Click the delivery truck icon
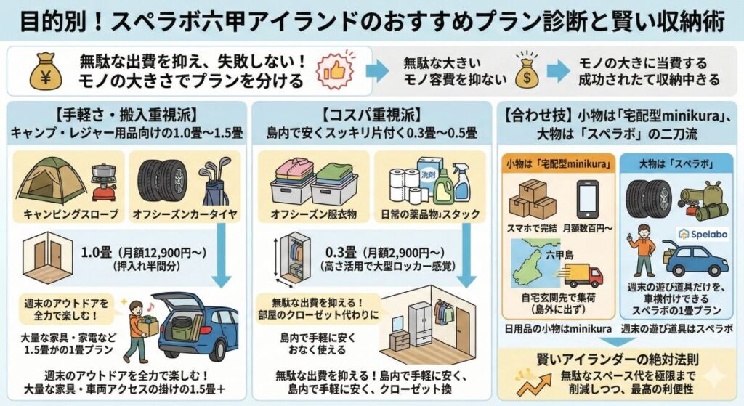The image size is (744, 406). [x=583, y=275]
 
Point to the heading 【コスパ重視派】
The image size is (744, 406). [x=373, y=114]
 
